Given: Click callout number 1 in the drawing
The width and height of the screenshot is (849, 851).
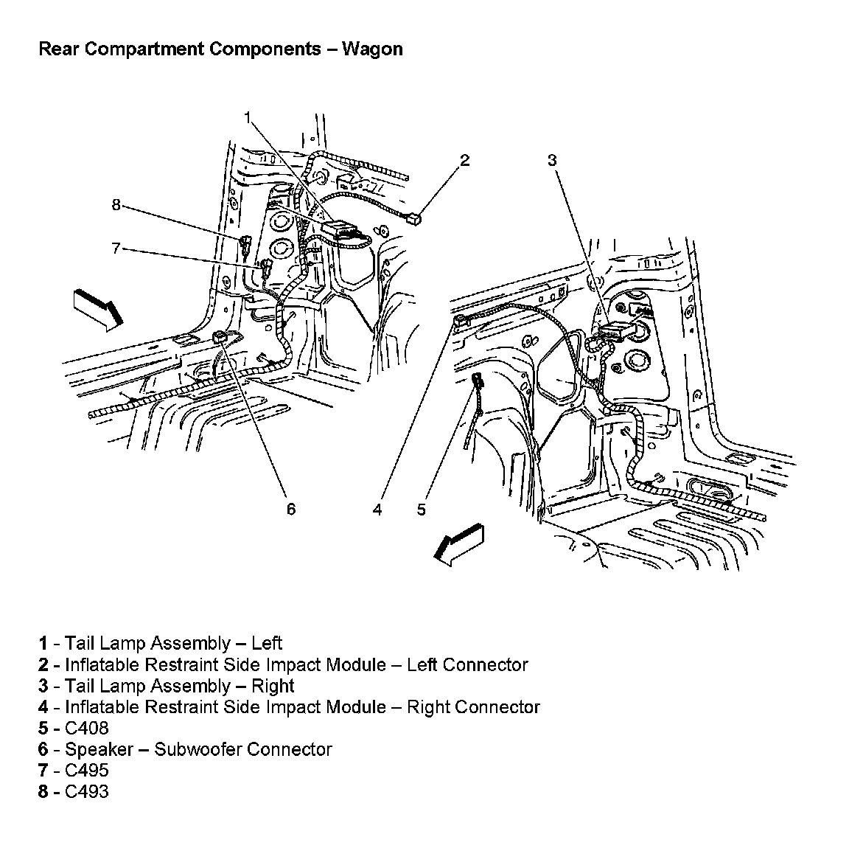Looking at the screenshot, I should point(248,117).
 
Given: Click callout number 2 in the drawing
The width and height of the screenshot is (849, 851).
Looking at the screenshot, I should point(465,160).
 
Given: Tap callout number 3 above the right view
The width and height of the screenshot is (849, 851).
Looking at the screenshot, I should point(552,160).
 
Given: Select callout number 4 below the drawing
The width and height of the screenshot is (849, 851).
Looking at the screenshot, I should point(377,509).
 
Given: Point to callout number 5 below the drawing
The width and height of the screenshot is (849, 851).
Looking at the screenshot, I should point(421,509).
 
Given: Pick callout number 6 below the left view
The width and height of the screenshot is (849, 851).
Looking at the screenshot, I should point(291,509).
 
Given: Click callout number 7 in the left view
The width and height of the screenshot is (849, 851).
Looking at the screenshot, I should point(116,249).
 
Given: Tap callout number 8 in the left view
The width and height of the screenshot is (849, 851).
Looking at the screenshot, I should point(116,205).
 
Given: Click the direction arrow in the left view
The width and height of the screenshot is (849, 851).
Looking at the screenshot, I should point(98,308).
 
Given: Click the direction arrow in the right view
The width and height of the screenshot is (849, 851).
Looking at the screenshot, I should point(458,545).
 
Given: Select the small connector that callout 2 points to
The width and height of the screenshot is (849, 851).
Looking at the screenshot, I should point(416,217).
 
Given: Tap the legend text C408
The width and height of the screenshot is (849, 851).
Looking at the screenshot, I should point(87,728).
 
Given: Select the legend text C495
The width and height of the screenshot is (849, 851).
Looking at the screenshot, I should point(87,771).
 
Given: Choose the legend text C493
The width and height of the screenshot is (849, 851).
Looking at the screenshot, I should point(87,792).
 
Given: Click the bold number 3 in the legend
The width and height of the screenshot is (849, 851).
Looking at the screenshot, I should point(43,686).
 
